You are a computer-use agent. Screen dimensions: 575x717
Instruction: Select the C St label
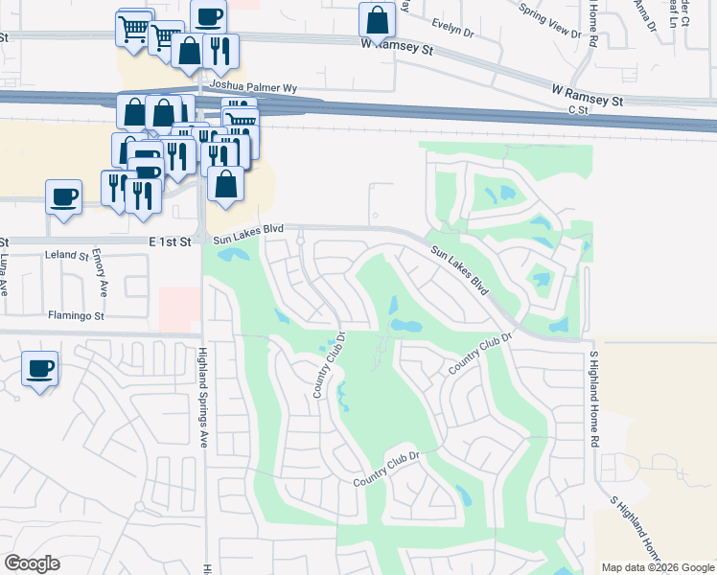click(577, 111)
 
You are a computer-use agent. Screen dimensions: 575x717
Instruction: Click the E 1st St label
click(171, 242)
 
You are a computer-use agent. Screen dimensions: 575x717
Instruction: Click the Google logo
click(32, 563)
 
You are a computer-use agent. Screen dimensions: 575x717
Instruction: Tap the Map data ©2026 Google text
click(658, 566)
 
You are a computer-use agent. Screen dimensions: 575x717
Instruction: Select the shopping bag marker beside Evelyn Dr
click(378, 20)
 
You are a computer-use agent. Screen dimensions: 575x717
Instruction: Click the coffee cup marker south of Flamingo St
click(40, 368)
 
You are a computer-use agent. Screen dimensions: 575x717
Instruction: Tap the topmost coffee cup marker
click(208, 16)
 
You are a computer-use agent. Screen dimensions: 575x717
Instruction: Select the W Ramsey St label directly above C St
click(588, 94)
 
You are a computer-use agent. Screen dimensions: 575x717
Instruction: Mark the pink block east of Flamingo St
click(180, 309)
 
